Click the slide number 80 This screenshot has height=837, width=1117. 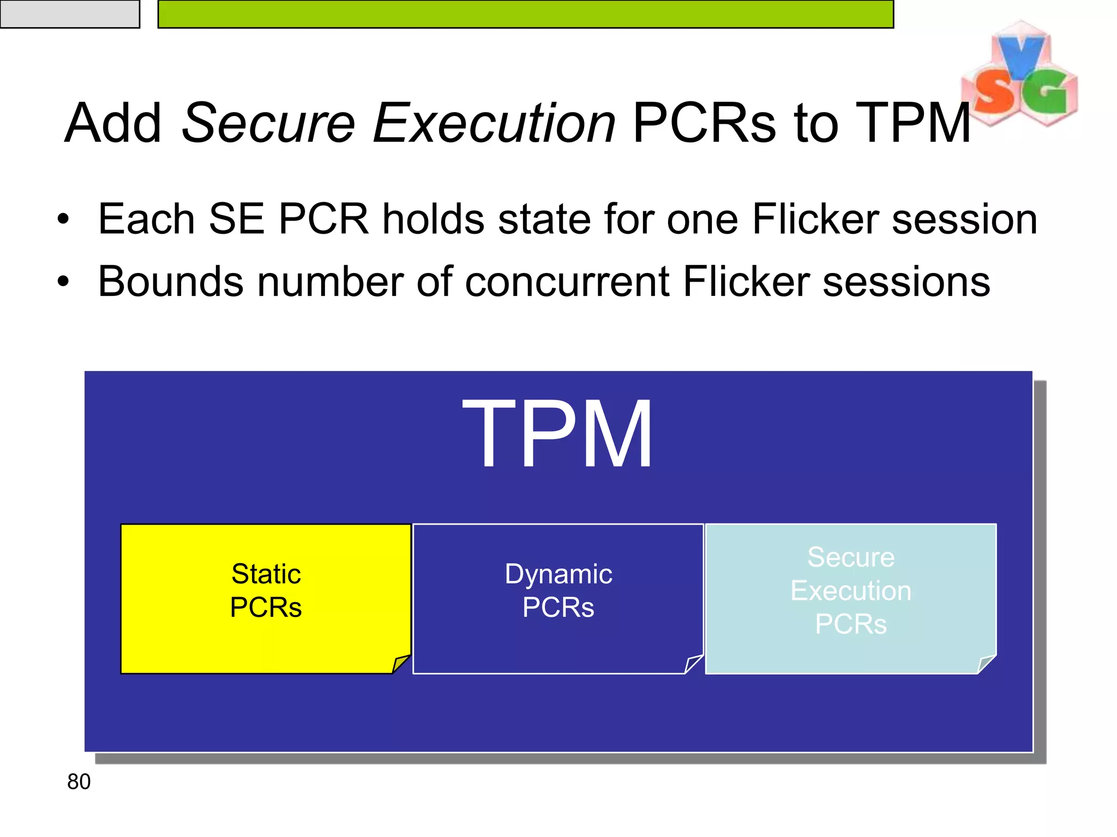point(79,782)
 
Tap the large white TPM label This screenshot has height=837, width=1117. point(557,434)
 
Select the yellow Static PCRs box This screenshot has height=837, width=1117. point(266,598)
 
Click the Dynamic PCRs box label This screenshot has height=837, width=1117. point(558,591)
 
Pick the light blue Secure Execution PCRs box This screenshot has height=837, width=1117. point(850,598)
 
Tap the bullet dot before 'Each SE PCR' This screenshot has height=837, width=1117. point(64,220)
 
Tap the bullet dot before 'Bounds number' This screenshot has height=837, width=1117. point(64,282)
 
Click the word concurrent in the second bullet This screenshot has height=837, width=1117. point(567,282)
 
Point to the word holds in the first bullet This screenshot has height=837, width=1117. point(433,220)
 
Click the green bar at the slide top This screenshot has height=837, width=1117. point(525,14)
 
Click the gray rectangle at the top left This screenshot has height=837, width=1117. point(70,14)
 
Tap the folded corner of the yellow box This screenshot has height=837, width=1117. point(401,664)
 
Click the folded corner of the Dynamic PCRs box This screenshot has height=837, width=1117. point(693,664)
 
